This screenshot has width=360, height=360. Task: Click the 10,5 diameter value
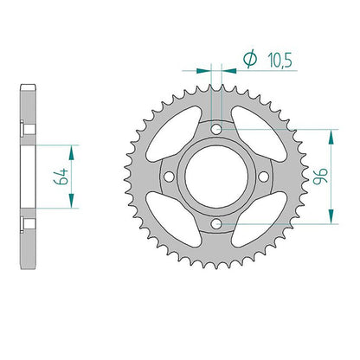click(280, 61)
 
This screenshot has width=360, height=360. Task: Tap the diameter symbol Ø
click(250, 59)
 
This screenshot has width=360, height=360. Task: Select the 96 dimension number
click(320, 176)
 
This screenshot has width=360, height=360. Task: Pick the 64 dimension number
click(61, 177)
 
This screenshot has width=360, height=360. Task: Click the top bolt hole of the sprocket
click(216, 129)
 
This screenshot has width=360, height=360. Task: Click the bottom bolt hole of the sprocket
click(216, 223)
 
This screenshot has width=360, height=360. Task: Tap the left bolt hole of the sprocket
click(169, 177)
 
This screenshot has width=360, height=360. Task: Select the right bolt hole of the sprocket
click(263, 177)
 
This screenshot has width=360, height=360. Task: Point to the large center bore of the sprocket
click(216, 177)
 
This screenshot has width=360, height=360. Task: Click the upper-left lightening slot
click(174, 134)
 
